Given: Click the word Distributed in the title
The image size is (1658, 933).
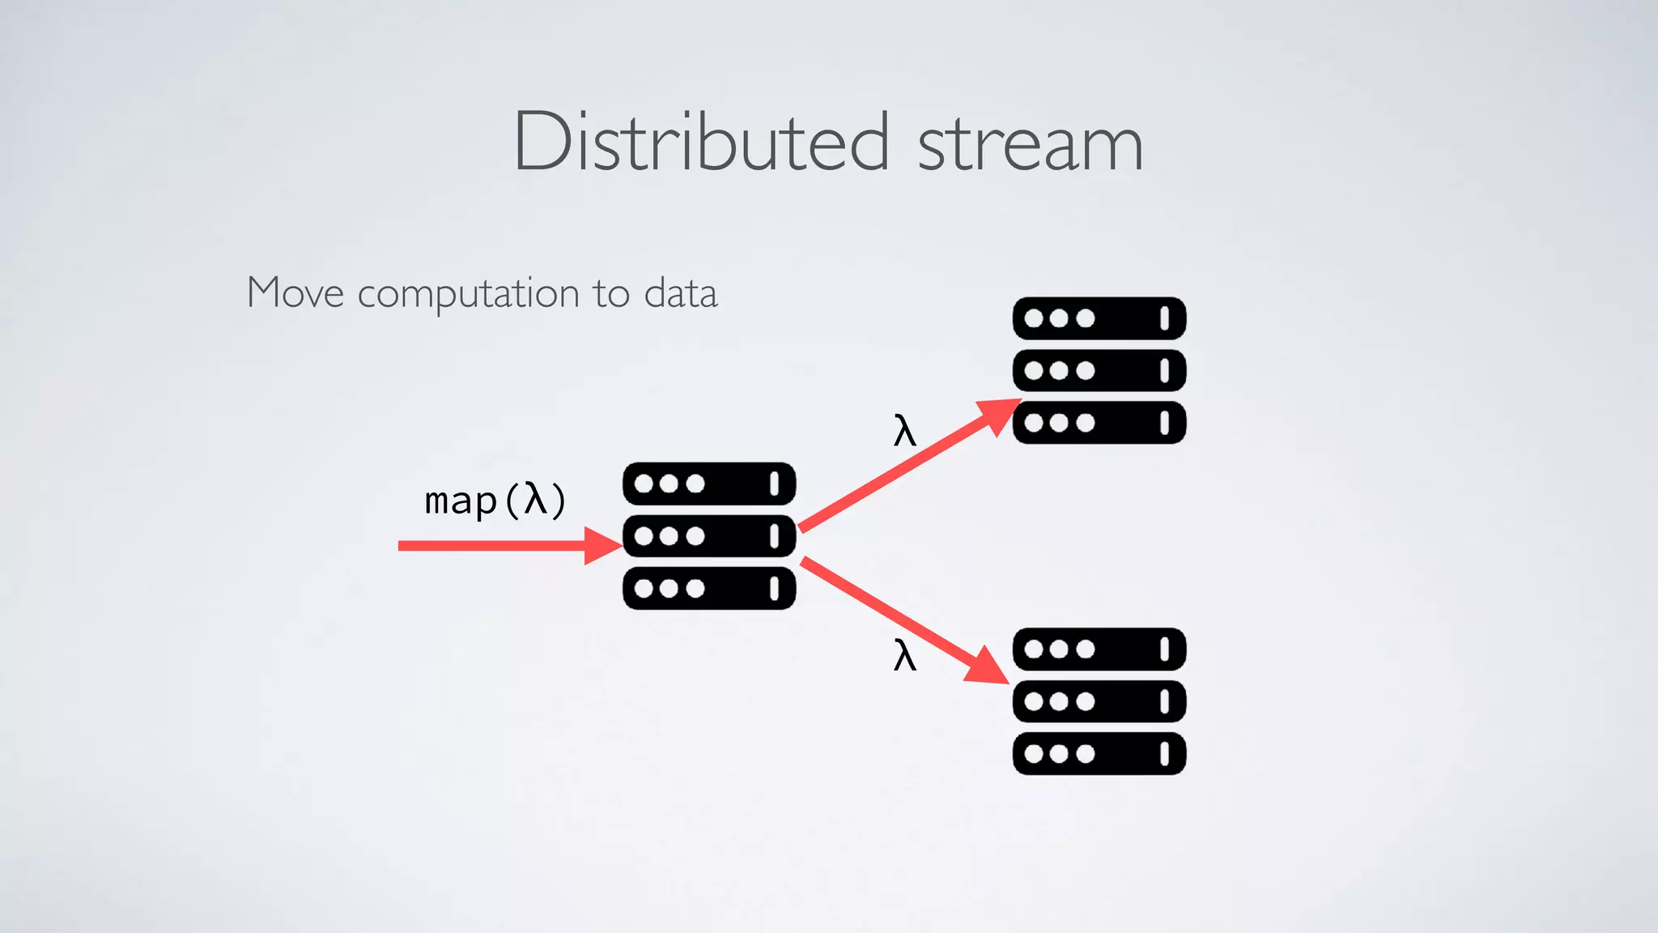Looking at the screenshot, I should pyautogui.click(x=701, y=143).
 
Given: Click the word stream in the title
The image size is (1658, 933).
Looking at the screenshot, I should pyautogui.click(x=1030, y=144).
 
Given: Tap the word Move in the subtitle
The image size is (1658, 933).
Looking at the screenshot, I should pyautogui.click(x=295, y=292).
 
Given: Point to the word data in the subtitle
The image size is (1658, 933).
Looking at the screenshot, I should pyautogui.click(x=680, y=293).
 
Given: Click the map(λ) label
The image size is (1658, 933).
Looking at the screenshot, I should pyautogui.click(x=495, y=500).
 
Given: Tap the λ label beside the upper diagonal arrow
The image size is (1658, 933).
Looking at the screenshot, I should pyautogui.click(x=904, y=430).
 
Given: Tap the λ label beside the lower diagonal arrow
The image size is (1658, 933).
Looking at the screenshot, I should pyautogui.click(x=904, y=654).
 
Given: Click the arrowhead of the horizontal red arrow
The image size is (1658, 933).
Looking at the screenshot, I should pyautogui.click(x=602, y=546).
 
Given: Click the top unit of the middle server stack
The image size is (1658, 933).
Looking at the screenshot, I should pyautogui.click(x=709, y=484).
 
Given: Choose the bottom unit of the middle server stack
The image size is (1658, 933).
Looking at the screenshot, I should pyautogui.click(x=709, y=588).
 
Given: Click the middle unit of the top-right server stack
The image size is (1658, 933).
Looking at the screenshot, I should pyautogui.click(x=1099, y=371).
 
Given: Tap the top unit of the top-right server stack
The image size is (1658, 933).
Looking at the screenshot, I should pyautogui.click(x=1099, y=318).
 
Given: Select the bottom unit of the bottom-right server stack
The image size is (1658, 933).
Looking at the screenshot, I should pyautogui.click(x=1099, y=754).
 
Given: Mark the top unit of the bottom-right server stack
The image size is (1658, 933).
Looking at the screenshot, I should pyautogui.click(x=1099, y=649).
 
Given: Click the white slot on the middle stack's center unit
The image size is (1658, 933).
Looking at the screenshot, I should pyautogui.click(x=774, y=535).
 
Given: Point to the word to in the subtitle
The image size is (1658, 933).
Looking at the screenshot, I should pyautogui.click(x=610, y=293).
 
